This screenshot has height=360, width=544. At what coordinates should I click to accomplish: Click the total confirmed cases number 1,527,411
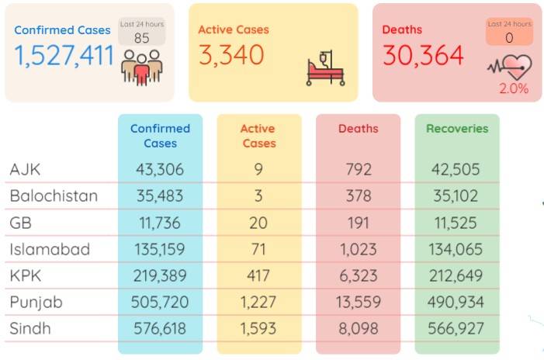(x=64, y=56)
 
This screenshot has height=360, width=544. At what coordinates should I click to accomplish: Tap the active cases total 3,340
(x=231, y=55)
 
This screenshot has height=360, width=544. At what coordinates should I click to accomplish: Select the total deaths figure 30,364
(x=423, y=55)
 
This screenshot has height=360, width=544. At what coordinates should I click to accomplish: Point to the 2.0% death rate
(x=514, y=88)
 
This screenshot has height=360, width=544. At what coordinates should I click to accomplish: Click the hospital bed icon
(x=325, y=68)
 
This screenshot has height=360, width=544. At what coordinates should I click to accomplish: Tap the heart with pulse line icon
(x=510, y=67)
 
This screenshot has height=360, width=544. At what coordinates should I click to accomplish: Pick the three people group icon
(x=142, y=67)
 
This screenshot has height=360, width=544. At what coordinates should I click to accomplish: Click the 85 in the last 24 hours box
(x=141, y=38)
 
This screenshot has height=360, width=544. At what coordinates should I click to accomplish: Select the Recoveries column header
(x=457, y=129)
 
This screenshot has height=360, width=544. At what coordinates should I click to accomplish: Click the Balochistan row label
(x=54, y=196)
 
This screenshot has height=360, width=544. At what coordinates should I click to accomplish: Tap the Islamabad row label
(x=50, y=249)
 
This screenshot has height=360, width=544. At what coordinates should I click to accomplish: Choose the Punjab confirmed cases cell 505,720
(x=160, y=302)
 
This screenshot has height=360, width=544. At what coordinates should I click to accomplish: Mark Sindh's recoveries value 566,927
(x=456, y=328)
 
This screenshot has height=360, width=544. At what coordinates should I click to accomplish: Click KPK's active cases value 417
(x=258, y=275)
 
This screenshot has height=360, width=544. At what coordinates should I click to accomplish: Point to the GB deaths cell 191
(x=358, y=223)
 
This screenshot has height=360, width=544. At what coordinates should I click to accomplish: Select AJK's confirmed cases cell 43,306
(x=160, y=170)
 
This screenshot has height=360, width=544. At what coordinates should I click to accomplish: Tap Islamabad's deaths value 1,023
(x=358, y=249)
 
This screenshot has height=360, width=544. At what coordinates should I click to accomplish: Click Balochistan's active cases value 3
(x=258, y=196)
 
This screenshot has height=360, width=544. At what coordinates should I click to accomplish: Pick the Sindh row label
(x=30, y=328)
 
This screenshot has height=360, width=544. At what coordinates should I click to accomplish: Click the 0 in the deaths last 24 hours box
(x=509, y=38)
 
